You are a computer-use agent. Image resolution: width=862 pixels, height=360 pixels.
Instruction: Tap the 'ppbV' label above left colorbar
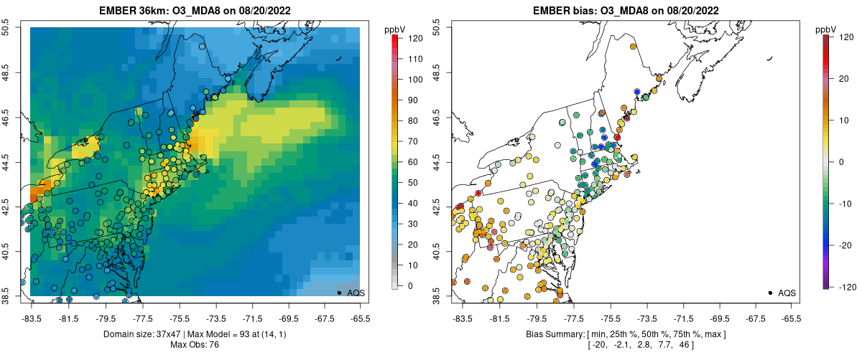point(395,29)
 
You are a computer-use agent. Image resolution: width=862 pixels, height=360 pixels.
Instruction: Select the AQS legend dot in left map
point(339,293)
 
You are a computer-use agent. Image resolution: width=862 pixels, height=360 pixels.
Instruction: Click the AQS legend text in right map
point(787,293)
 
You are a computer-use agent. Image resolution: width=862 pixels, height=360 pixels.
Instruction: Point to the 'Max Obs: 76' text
point(195,345)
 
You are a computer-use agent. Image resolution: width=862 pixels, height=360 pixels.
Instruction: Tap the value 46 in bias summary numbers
point(662,346)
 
